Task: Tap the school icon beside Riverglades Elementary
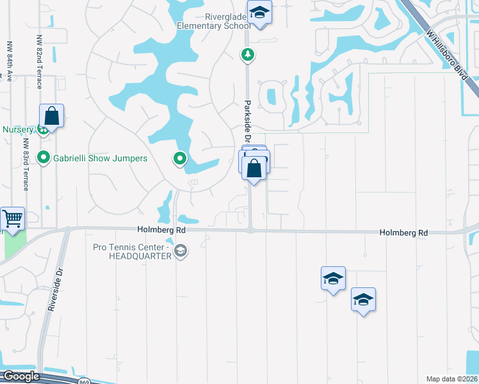pos(260,13)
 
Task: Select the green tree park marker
pos(248,55)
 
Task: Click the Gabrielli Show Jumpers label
pos(101,158)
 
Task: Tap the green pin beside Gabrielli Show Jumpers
pos(44,157)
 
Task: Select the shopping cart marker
pos(12,220)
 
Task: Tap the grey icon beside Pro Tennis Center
pos(181,251)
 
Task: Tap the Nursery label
pos(17,129)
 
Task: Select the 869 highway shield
pos(85,381)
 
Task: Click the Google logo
pos(20,376)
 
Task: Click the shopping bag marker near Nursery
pos(52,116)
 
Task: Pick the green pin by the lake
pos(181,157)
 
